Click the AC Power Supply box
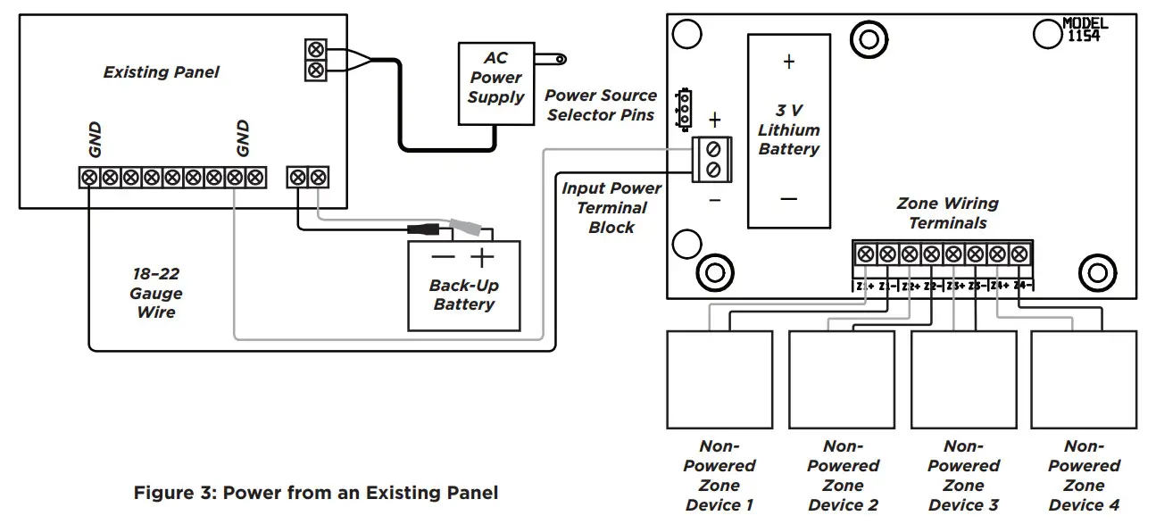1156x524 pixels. (x=495, y=87)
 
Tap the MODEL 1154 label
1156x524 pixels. (x=1086, y=29)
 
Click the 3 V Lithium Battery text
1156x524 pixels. (x=788, y=130)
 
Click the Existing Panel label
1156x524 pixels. (x=161, y=72)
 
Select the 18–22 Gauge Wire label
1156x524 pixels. (x=156, y=293)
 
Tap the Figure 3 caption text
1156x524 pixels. (x=316, y=493)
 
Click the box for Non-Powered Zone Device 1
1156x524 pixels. (x=719, y=379)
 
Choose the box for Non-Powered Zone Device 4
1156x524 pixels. (x=1084, y=379)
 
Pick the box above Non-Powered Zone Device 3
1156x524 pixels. (x=963, y=379)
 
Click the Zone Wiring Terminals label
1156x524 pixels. (x=947, y=213)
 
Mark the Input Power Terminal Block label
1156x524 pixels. (x=611, y=208)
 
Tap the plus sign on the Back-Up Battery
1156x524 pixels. (x=482, y=259)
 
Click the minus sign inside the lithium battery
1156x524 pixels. (x=788, y=198)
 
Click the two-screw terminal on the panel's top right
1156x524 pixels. (x=314, y=60)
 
